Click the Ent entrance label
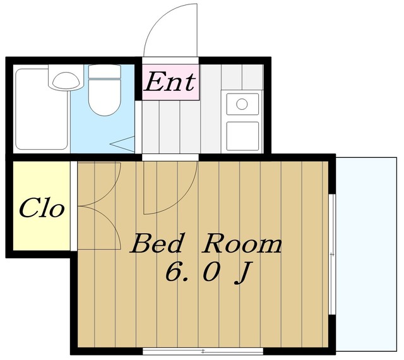pyautogui.click(x=169, y=82)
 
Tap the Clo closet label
pyautogui.click(x=42, y=208)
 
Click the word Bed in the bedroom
pyautogui.click(x=157, y=243)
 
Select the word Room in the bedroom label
pyautogui.click(x=242, y=243)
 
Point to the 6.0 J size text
pyautogui.click(x=208, y=273)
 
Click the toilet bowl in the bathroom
pyautogui.click(x=105, y=97)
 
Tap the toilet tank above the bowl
pyautogui.click(x=105, y=72)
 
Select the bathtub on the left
pyautogui.click(x=41, y=109)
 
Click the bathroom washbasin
pyautogui.click(x=66, y=81)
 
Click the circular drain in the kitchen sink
pyautogui.click(x=242, y=104)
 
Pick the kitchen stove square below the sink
pyautogui.click(x=242, y=136)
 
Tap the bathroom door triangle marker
pyautogui.click(x=122, y=144)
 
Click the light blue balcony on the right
pyautogui.click(x=366, y=254)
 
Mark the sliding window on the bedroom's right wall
pyautogui.click(x=333, y=255)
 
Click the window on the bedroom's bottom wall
pyautogui.click(x=203, y=351)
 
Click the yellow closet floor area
pyautogui.click(x=42, y=205)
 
